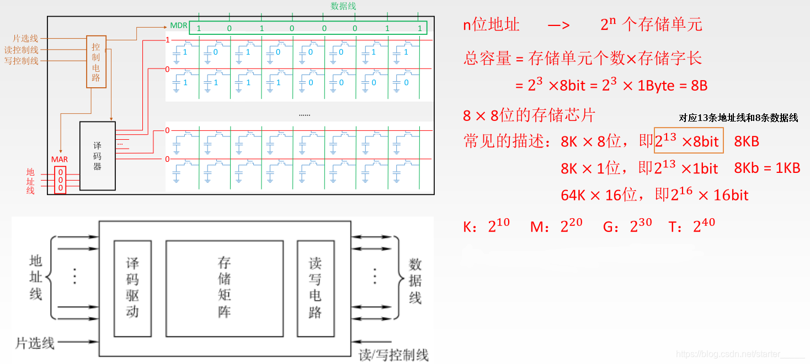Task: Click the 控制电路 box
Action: click(96, 62)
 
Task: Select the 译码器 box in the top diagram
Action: click(98, 156)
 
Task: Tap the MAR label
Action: click(60, 160)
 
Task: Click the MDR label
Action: click(178, 26)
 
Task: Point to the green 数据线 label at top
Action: click(343, 6)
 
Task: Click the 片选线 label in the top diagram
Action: click(25, 39)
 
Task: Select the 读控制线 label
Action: click(22, 50)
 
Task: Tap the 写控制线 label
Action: click(22, 61)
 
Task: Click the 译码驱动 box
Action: click(132, 288)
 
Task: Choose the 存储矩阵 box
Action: click(225, 288)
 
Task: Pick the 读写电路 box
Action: click(315, 288)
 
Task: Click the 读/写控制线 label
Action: click(393, 355)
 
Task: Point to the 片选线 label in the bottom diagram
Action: click(35, 342)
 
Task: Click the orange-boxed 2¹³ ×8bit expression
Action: click(688, 141)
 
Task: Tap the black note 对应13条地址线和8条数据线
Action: click(738, 118)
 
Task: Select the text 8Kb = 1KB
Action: click(767, 168)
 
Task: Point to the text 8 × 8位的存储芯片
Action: click(529, 115)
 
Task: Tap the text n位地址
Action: click(491, 25)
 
